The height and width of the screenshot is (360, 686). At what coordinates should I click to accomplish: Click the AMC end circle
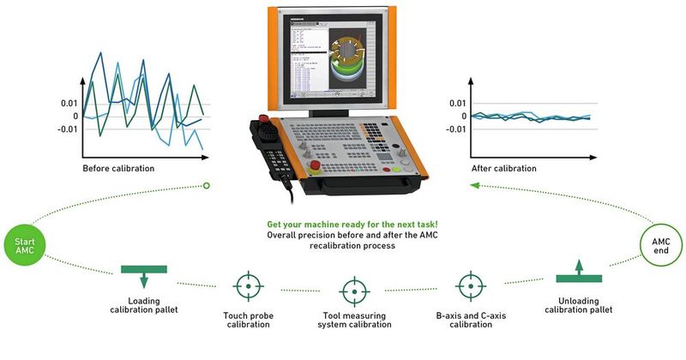[x=659, y=246]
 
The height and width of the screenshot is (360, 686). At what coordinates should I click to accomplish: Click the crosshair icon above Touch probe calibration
[x=248, y=285]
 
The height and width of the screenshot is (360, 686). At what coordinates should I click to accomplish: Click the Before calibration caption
[x=118, y=168]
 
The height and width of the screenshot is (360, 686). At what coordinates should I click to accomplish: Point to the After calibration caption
[x=505, y=168]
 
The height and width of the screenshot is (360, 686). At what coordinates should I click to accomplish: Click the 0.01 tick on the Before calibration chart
[x=68, y=103]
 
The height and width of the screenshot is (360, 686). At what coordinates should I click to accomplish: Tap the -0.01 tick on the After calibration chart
[x=455, y=129]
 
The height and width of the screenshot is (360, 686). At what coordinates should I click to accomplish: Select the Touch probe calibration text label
[x=248, y=319]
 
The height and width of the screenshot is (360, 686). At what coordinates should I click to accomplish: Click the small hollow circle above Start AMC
[x=206, y=184]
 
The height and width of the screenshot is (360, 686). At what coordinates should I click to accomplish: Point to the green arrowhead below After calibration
[x=474, y=184]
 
